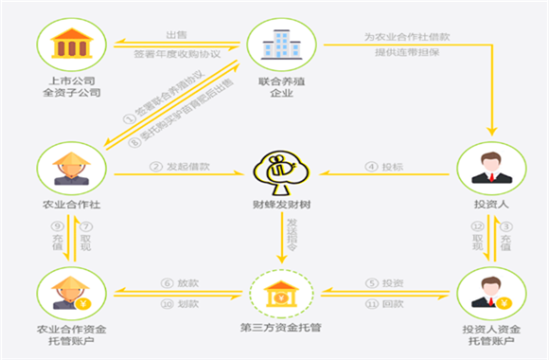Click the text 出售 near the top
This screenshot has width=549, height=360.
pos(176,35)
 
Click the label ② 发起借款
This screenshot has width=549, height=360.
pos(180,167)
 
